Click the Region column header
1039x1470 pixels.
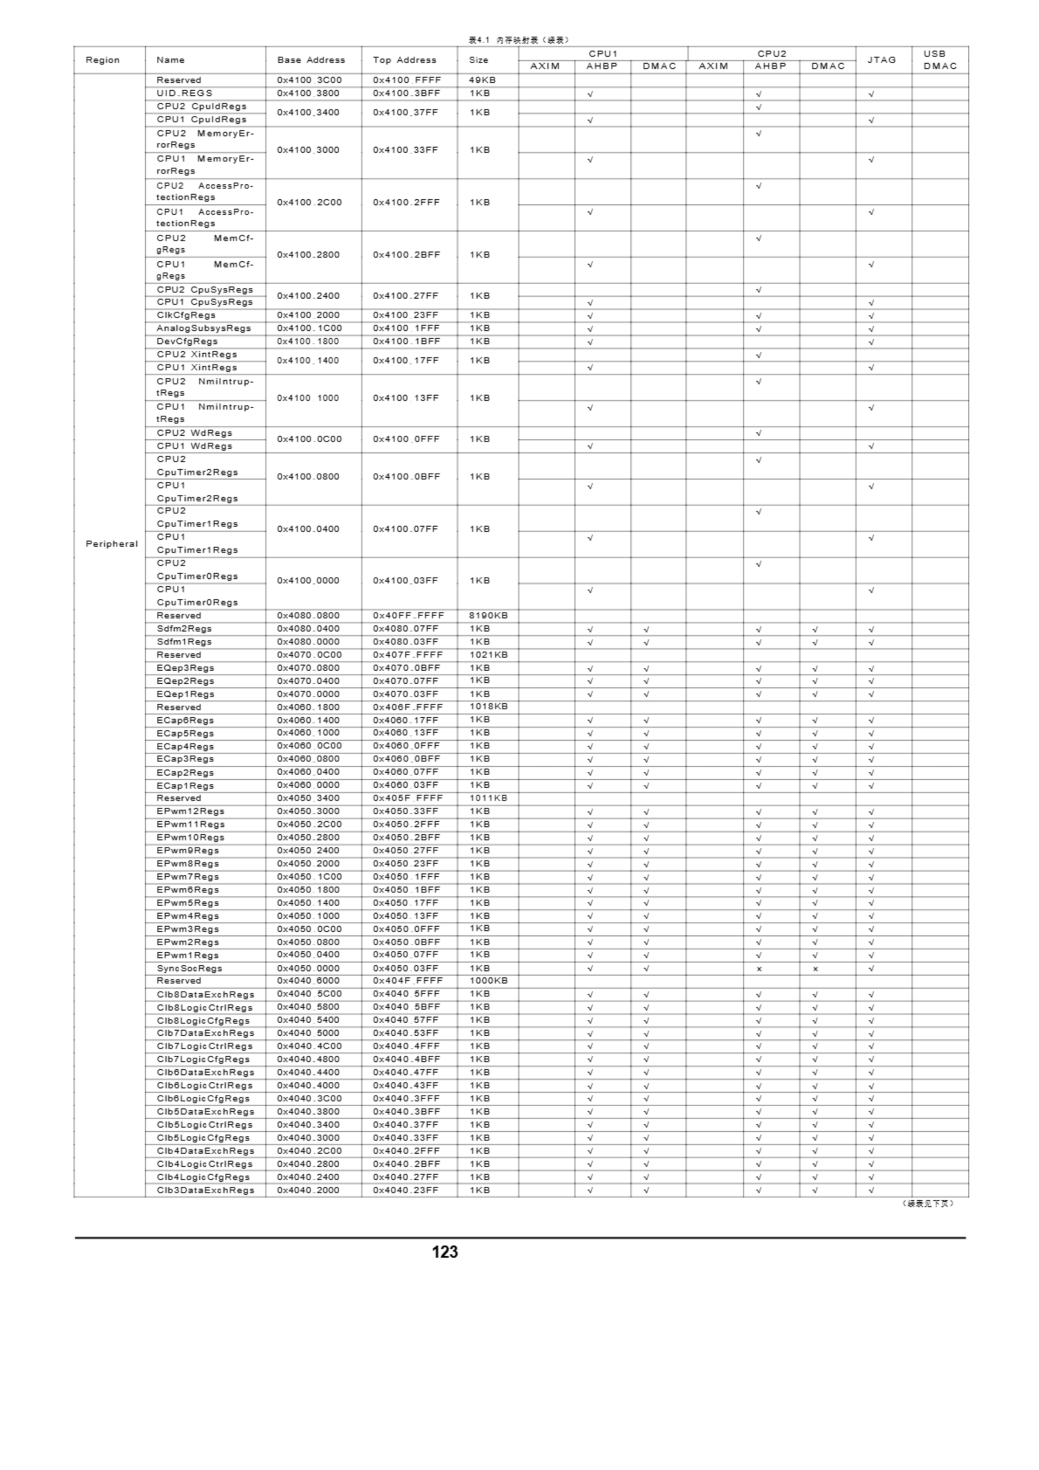102,60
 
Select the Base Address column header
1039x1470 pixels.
311,60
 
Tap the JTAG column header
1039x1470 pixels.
881,60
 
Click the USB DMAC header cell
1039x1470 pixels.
939,60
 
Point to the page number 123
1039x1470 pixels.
444,1252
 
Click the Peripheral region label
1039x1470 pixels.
111,544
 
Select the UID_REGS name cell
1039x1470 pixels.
184,94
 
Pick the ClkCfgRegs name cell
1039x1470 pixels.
185,315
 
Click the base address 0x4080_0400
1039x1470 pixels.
309,629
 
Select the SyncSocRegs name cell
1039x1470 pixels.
189,968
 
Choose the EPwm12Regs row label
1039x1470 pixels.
190,811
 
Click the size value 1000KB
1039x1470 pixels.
488,981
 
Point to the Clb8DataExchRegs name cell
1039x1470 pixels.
205,995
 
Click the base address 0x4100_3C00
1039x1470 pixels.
309,80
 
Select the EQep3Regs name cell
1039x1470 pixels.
185,668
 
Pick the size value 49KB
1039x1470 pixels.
482,80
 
